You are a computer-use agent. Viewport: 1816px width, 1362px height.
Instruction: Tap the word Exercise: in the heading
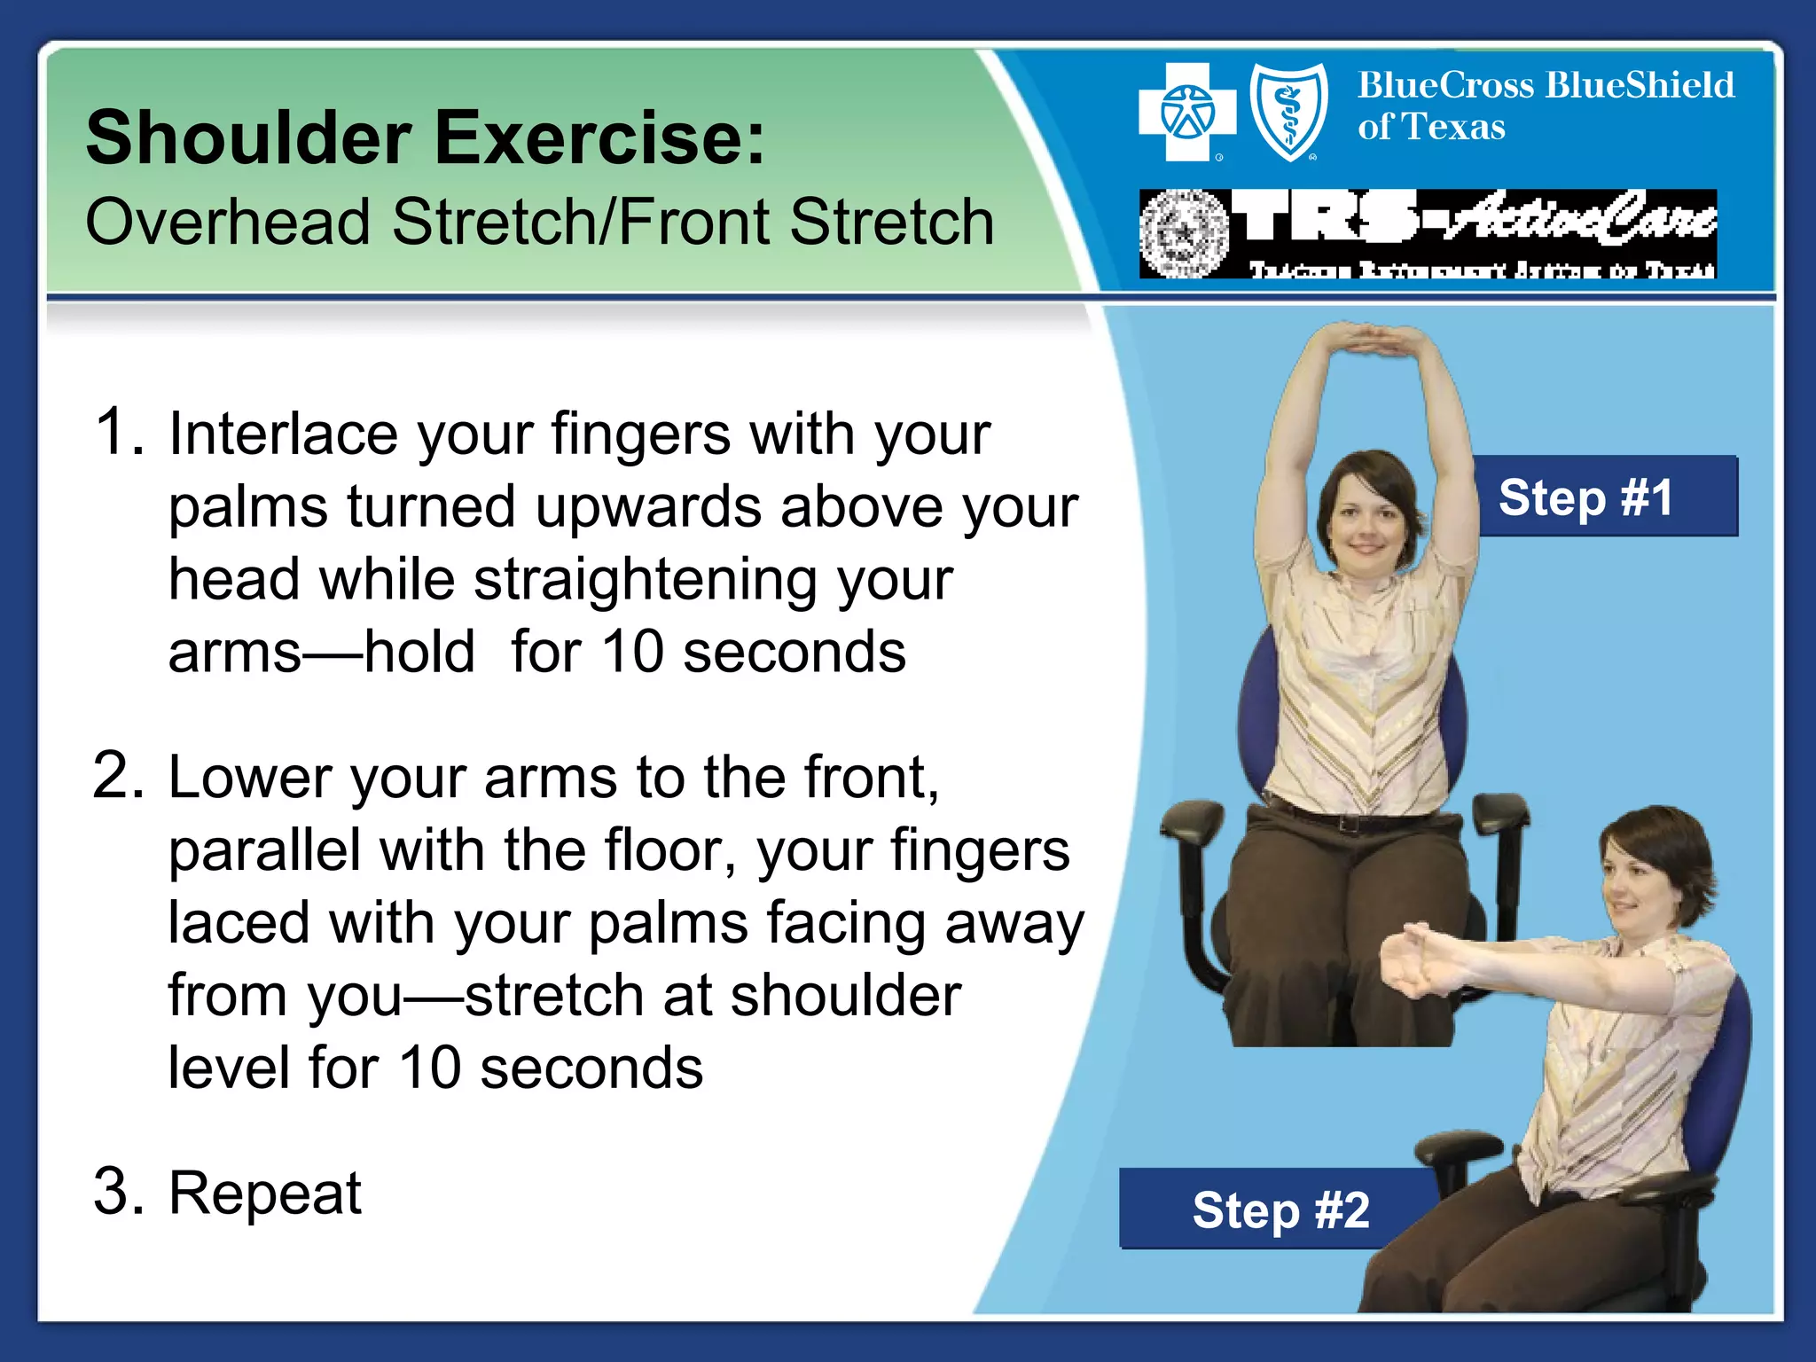(x=599, y=138)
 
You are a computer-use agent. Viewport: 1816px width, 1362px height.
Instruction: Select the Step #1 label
(x=1585, y=497)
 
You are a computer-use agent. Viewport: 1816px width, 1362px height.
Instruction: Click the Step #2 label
(x=1280, y=1209)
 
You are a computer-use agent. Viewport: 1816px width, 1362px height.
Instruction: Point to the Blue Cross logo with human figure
(x=1186, y=113)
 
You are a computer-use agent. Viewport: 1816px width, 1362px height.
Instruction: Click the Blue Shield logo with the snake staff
(x=1288, y=113)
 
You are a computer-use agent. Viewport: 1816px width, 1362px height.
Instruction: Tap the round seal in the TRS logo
(x=1184, y=234)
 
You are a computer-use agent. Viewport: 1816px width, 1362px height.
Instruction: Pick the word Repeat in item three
(x=264, y=1193)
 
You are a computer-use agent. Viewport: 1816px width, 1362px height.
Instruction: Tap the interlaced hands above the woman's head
(x=1366, y=339)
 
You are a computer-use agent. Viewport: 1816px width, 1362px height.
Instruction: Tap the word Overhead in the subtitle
(x=228, y=222)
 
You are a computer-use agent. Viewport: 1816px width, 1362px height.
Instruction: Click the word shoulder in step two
(x=845, y=996)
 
